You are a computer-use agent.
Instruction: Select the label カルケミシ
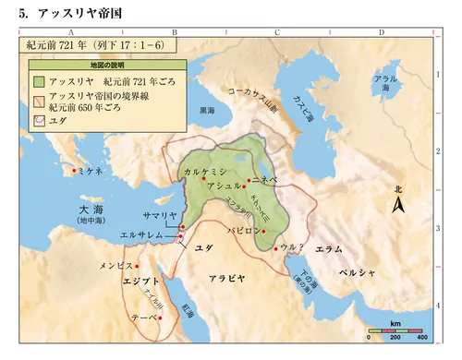pyautogui.click(x=202, y=172)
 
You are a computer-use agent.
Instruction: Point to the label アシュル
pyautogui.click(x=224, y=186)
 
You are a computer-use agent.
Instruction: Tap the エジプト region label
pyautogui.click(x=125, y=281)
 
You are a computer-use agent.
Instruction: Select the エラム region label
pyautogui.click(x=329, y=249)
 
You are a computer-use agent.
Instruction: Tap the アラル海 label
pyautogui.click(x=383, y=84)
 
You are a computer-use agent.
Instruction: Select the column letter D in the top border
pyautogui.click(x=381, y=31)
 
